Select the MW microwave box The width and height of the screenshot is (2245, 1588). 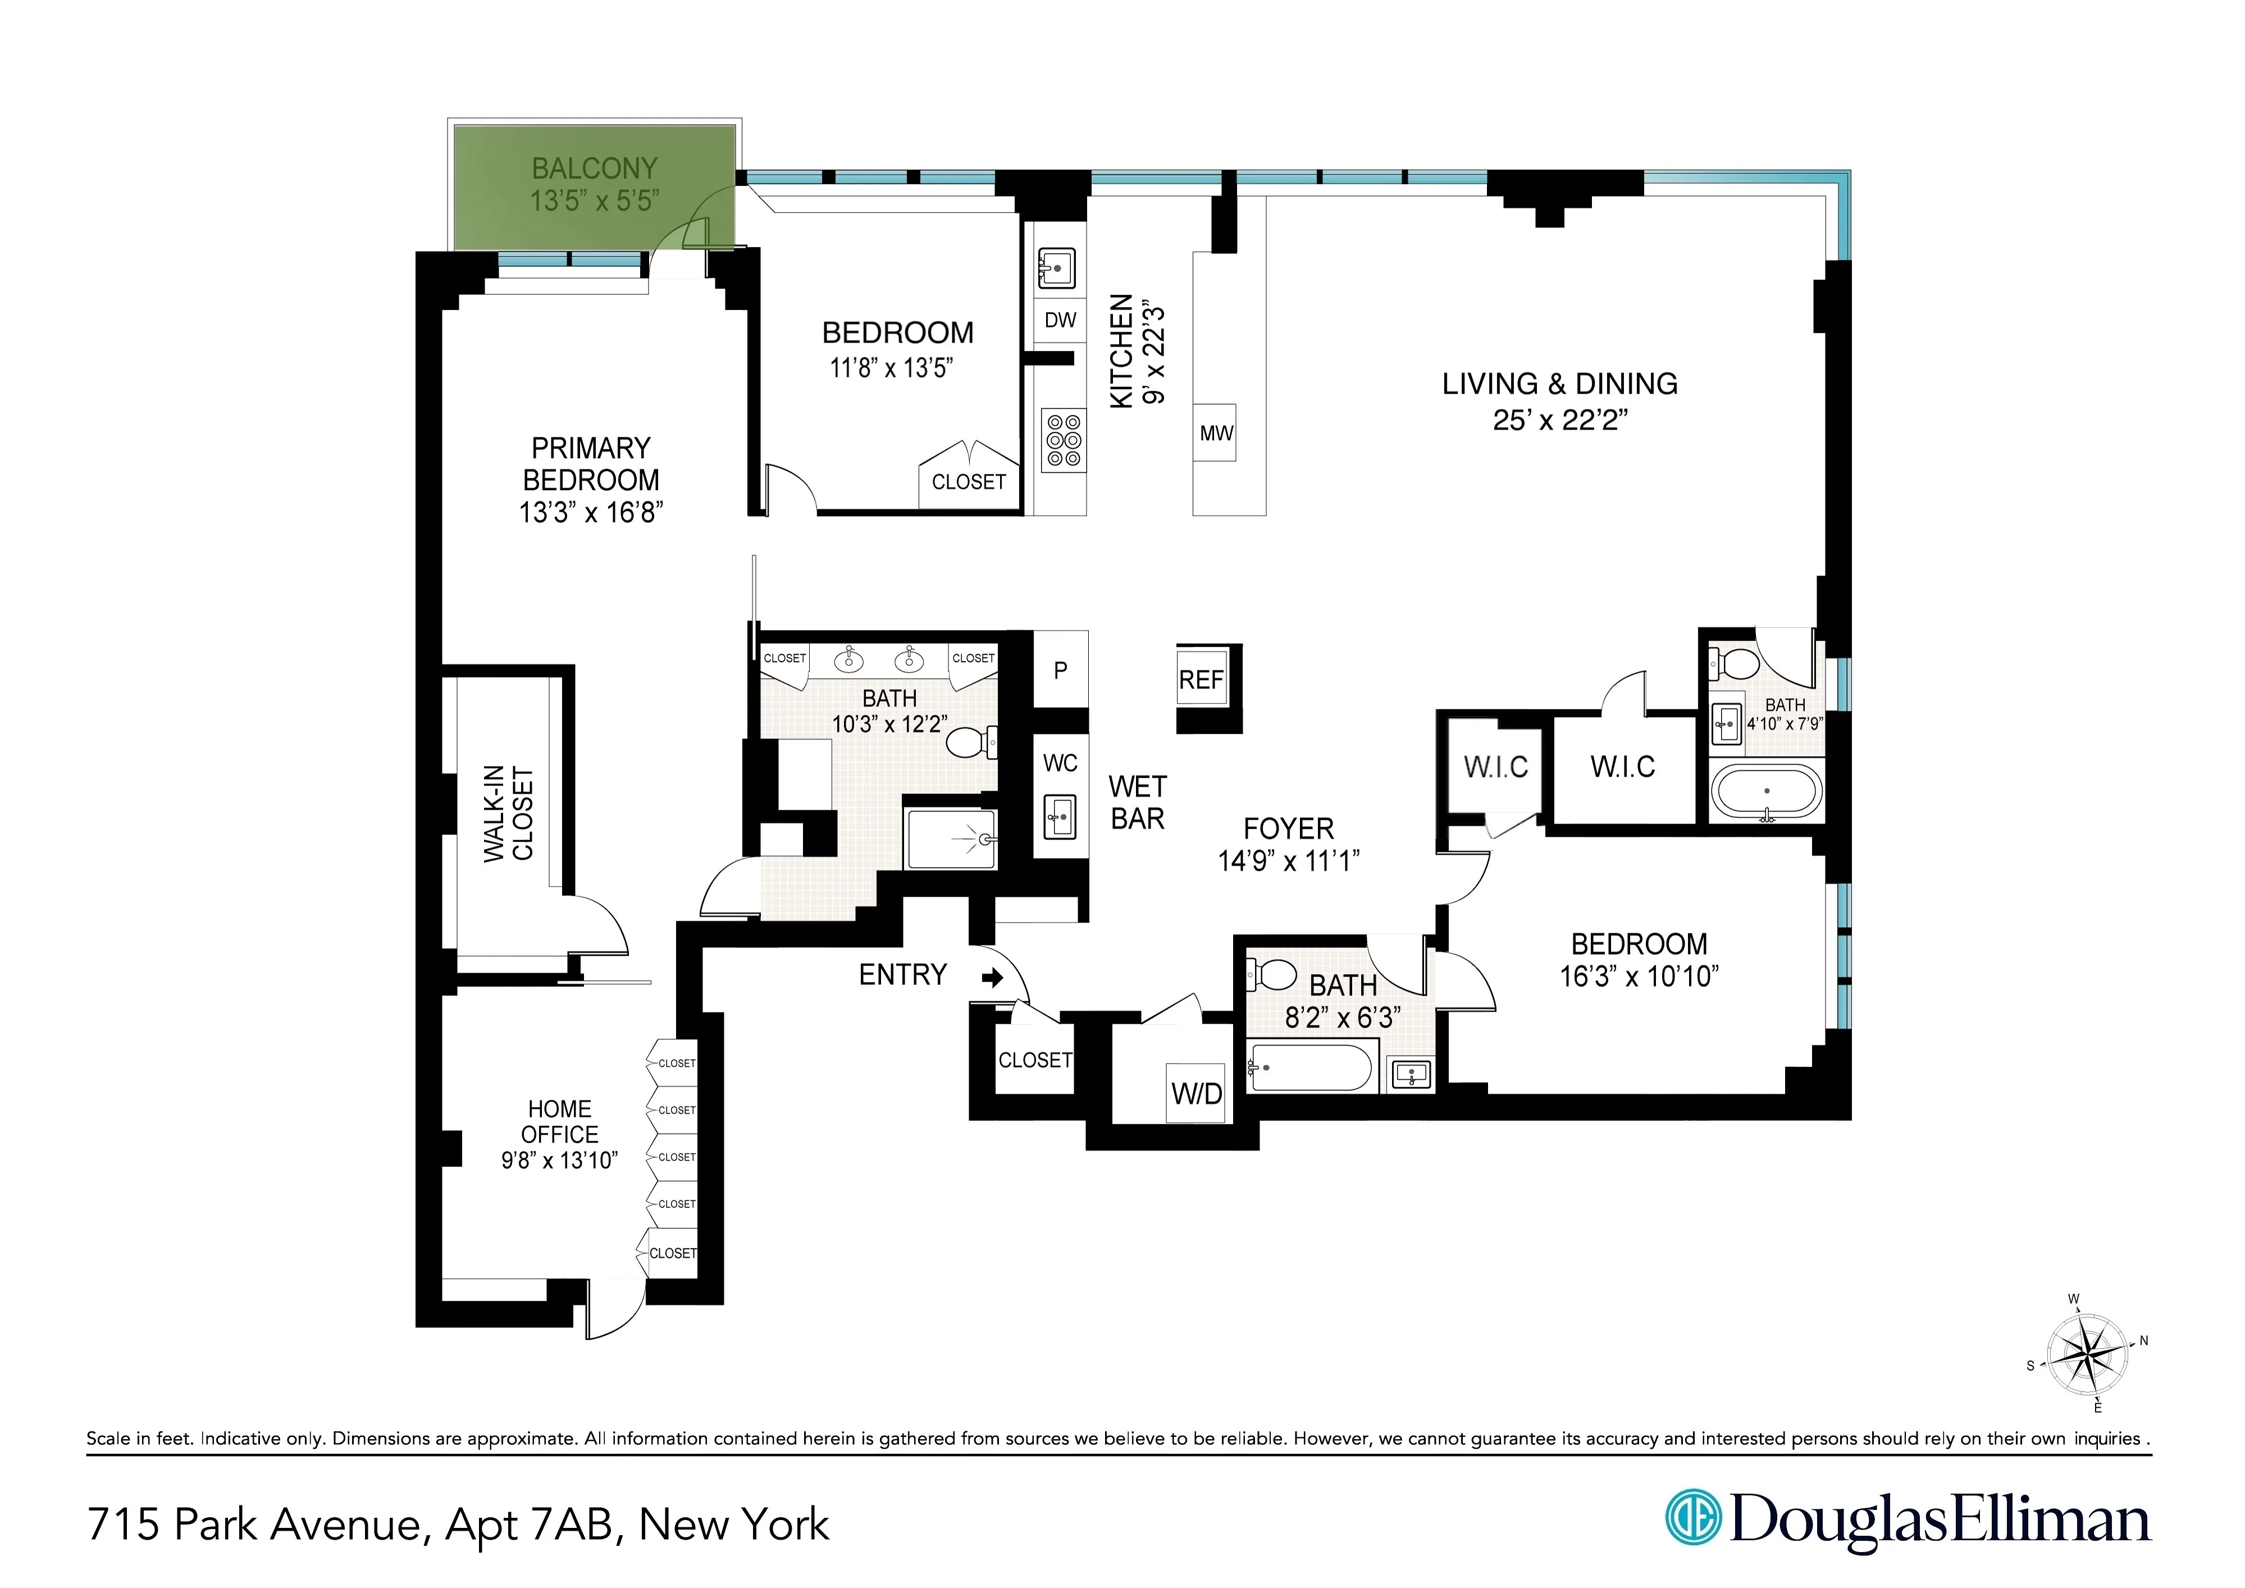1215,433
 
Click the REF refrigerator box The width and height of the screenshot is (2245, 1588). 1201,679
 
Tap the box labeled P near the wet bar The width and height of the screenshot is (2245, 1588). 1060,670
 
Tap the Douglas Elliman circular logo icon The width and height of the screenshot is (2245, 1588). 1692,1518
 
